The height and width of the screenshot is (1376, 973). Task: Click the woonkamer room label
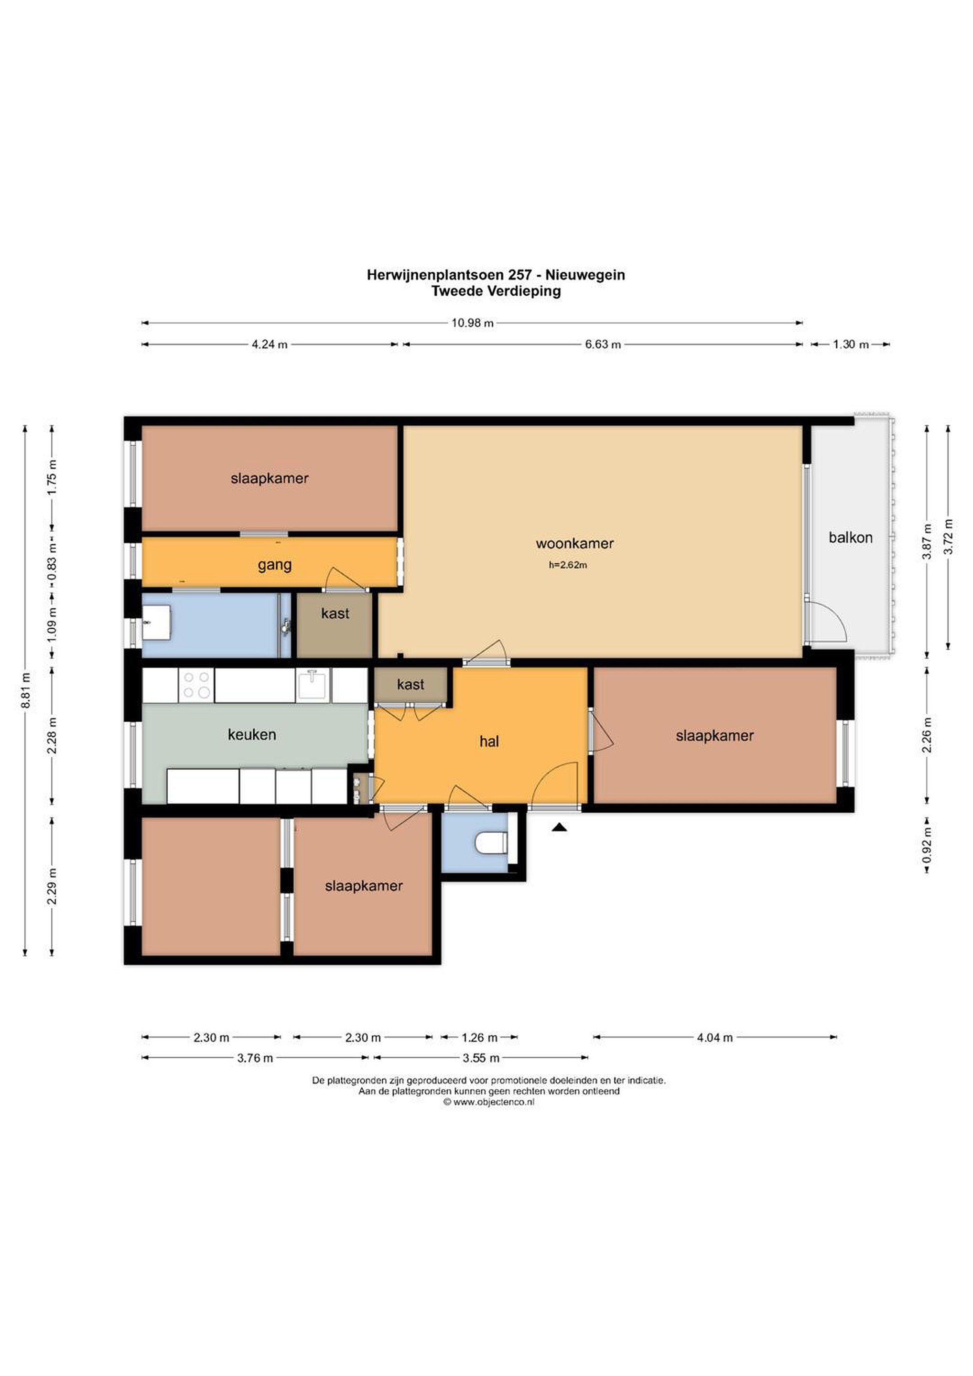point(574,544)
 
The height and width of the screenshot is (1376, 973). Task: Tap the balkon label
point(850,537)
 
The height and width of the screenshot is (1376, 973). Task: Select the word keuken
point(252,734)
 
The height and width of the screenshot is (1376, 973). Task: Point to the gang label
point(275,565)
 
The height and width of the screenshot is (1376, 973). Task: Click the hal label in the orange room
point(489,742)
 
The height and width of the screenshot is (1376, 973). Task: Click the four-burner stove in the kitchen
point(196,685)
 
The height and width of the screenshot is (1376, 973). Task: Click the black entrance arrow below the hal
point(559,827)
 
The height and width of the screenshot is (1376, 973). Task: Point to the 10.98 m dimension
point(473,323)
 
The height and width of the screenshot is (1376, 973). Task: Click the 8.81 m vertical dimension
point(25,690)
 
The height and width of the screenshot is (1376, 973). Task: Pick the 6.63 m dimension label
point(603,344)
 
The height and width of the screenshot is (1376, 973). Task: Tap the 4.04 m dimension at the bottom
point(714,1037)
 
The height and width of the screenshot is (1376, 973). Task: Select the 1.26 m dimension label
point(480,1037)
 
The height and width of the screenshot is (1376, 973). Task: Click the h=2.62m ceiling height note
point(568,565)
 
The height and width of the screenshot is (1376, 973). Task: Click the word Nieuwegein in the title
point(585,275)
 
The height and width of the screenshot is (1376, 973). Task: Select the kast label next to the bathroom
point(335,613)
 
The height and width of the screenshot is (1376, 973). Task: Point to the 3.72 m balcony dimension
point(948,537)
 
